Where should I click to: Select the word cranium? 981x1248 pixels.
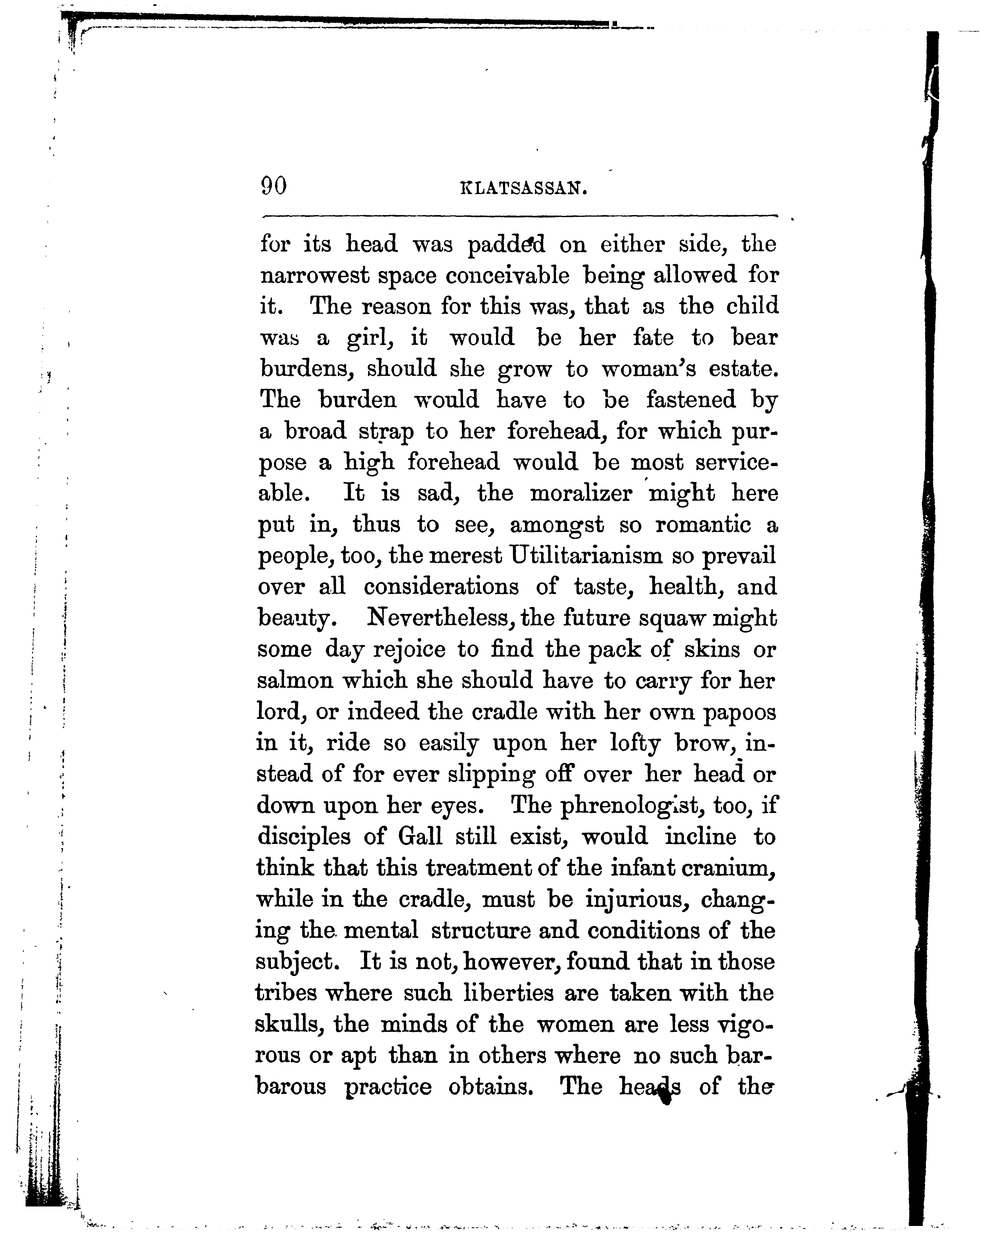click(x=728, y=867)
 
